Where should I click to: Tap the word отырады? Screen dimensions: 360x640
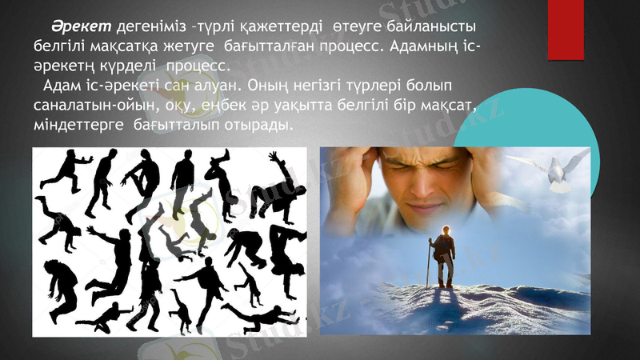click(x=253, y=126)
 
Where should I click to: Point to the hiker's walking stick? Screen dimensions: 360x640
click(x=429, y=264)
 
